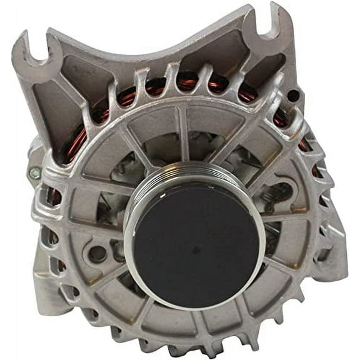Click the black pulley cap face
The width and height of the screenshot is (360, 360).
[x=196, y=246]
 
